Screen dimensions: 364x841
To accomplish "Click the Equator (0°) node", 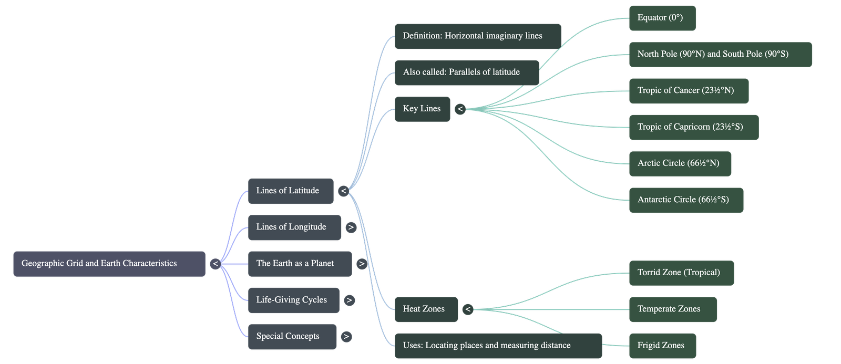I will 662,18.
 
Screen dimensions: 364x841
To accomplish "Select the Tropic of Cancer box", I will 689,91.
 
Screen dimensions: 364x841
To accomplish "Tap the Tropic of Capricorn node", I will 693,127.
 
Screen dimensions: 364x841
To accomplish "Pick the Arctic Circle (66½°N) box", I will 680,163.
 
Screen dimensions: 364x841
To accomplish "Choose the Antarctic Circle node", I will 685,200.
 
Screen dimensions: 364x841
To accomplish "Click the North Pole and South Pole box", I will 720,54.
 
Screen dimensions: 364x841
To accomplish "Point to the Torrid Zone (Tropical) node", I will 681,273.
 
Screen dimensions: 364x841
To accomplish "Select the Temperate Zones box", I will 672,309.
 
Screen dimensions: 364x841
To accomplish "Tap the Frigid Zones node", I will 662,346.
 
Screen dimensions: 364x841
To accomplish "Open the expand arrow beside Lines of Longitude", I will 351,227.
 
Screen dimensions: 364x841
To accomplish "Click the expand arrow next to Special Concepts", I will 345,337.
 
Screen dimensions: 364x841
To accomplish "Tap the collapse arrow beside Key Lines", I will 460,109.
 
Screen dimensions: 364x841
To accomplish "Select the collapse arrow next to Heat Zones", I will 467,309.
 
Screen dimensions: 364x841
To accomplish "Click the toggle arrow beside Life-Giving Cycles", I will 348,300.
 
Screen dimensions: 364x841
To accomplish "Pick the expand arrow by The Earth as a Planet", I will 361,264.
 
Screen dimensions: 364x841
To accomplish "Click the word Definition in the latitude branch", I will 422,36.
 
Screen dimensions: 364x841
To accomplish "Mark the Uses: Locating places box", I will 498,346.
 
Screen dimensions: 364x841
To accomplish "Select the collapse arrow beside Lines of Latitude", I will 343,191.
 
